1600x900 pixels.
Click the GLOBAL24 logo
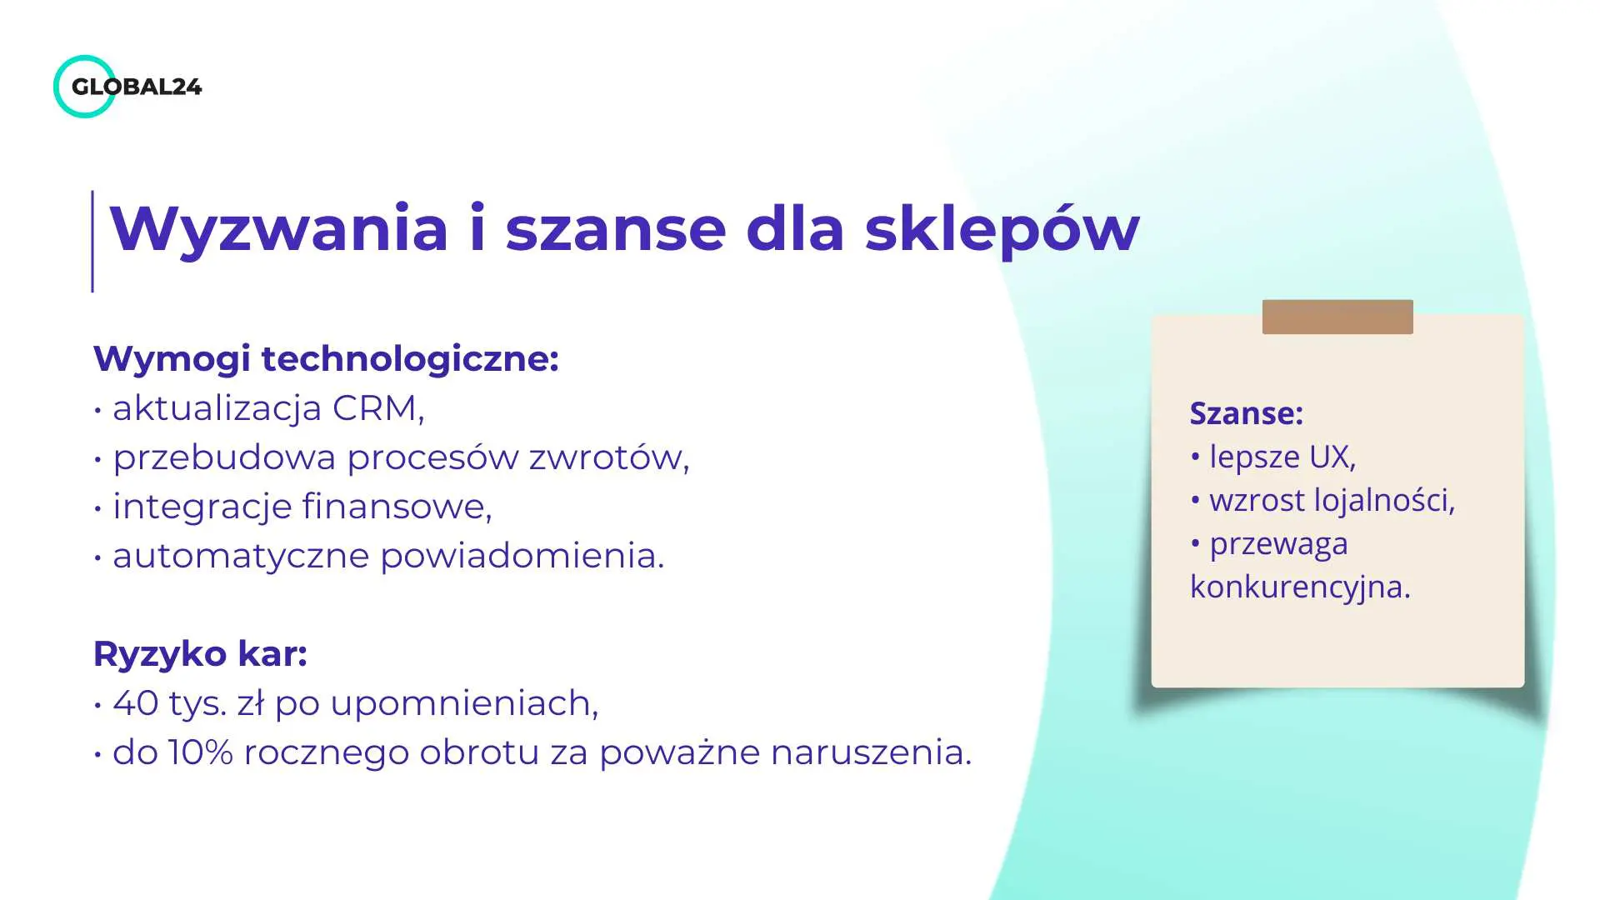[127, 87]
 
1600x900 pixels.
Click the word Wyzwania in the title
[279, 228]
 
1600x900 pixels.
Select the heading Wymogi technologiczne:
[326, 359]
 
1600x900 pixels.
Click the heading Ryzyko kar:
[200, 654]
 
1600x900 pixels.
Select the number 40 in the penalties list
[135, 703]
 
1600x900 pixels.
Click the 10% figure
[200, 752]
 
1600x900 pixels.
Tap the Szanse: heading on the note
[1246, 413]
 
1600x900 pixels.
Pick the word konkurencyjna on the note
[1300, 587]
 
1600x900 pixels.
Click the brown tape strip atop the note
[1337, 317]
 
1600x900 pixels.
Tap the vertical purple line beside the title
[92, 242]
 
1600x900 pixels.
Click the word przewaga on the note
[1278, 543]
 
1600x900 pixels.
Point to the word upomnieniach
[463, 704]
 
